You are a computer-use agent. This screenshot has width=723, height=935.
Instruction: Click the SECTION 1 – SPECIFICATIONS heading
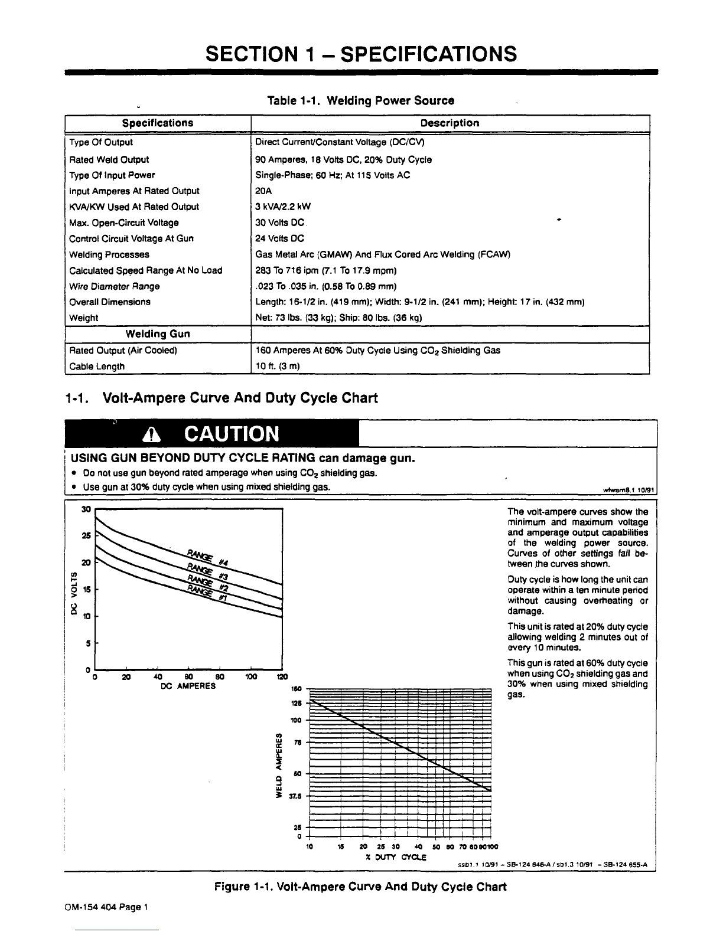(x=361, y=54)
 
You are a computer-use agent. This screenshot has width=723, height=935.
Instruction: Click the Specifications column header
(x=158, y=123)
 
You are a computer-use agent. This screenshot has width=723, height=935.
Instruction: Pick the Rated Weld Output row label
(x=109, y=159)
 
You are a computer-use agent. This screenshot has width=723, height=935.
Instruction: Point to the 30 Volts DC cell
(x=279, y=223)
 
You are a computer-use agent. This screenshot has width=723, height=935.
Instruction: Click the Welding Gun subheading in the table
(x=158, y=334)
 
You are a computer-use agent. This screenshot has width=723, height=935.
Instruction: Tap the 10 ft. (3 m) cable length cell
(x=278, y=366)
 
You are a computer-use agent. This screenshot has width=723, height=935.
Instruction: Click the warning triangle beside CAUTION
(x=152, y=435)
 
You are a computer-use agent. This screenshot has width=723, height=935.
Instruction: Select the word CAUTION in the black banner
(x=231, y=434)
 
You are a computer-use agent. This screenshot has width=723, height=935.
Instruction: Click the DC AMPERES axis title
(x=188, y=686)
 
